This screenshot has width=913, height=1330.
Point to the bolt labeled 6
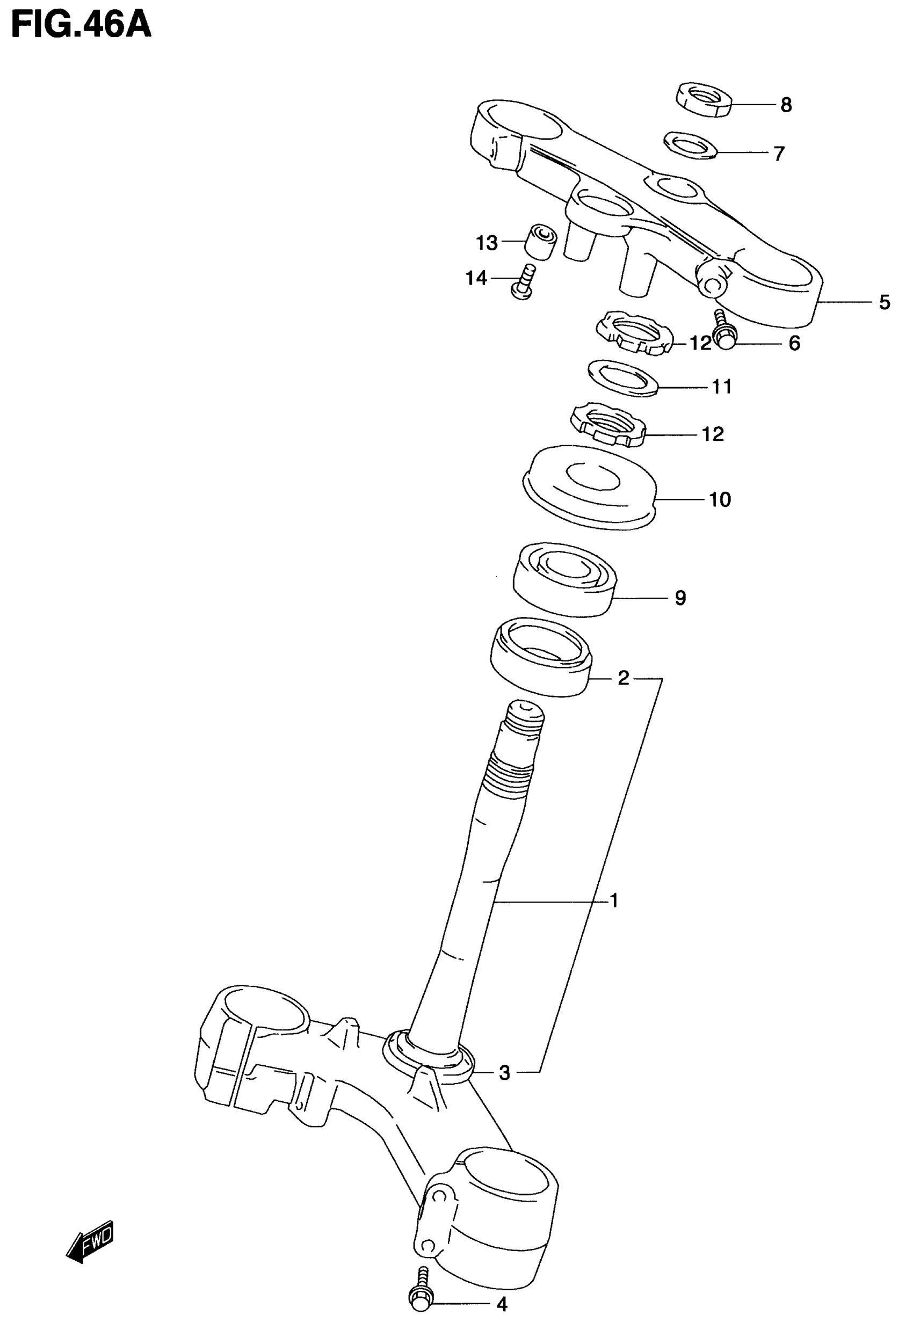click(x=723, y=330)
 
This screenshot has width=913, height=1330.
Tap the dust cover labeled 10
click(x=590, y=487)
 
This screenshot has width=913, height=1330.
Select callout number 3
click(x=504, y=1072)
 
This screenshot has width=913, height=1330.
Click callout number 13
click(x=487, y=243)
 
